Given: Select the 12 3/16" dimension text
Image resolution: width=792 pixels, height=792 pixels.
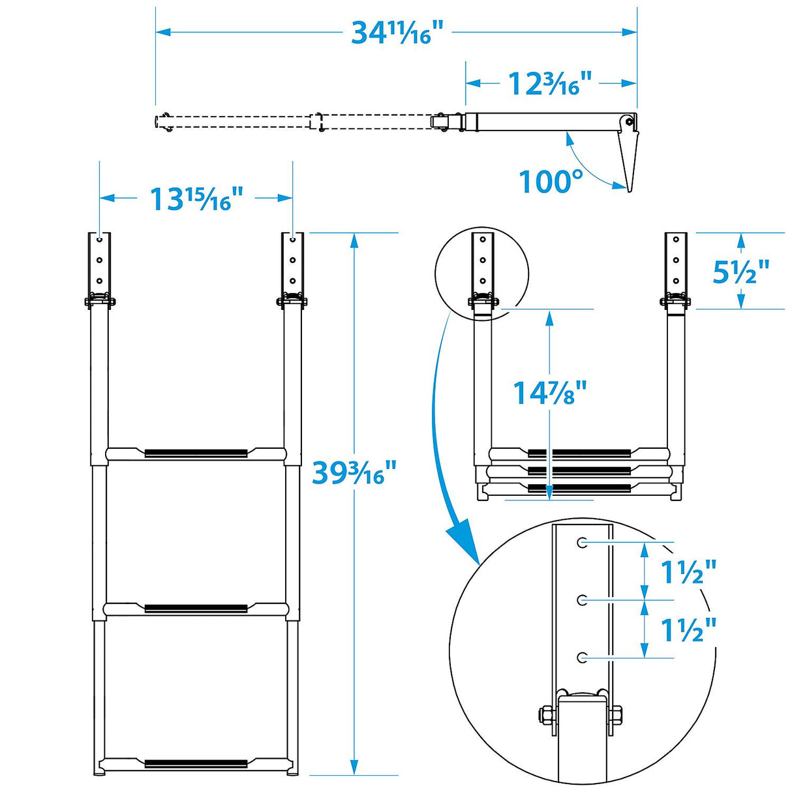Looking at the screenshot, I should pyautogui.click(x=549, y=84).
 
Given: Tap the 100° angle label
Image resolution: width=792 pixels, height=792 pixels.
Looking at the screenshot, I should pyautogui.click(x=551, y=181).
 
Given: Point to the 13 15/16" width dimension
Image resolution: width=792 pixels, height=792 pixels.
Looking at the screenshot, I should pyautogui.click(x=196, y=198).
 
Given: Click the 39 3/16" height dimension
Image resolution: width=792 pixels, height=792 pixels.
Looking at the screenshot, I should pyautogui.click(x=354, y=472).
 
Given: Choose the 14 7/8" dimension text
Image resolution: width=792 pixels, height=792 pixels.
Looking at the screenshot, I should pyautogui.click(x=549, y=393).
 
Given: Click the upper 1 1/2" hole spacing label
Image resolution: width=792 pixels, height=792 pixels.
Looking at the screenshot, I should pyautogui.click(x=688, y=572).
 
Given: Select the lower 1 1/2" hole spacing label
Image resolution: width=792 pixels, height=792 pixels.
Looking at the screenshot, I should pyautogui.click(x=688, y=630).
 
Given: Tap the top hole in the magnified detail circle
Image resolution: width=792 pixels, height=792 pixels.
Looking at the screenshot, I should pyautogui.click(x=581, y=542).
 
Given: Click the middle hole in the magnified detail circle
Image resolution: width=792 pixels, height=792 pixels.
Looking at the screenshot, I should pyautogui.click(x=581, y=600).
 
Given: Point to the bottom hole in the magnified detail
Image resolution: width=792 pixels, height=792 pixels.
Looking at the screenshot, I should pyautogui.click(x=581, y=658).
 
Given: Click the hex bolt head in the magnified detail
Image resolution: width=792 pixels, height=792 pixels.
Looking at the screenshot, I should pyautogui.click(x=545, y=715).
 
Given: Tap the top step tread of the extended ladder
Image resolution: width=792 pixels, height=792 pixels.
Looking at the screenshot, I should pyautogui.click(x=196, y=453).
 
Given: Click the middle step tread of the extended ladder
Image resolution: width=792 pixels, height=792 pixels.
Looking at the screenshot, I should pyautogui.click(x=196, y=609).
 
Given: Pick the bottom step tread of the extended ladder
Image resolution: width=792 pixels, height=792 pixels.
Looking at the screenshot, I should pyautogui.click(x=196, y=763).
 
